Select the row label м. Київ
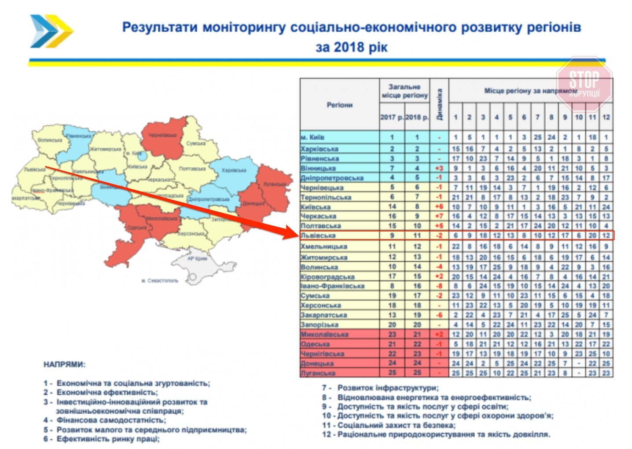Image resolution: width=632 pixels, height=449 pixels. pos(312,137)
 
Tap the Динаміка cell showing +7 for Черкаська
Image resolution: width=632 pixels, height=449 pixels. pos(439,216)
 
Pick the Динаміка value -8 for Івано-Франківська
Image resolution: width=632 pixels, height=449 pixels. pos(439,286)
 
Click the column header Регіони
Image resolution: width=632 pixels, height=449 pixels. pos(339,105)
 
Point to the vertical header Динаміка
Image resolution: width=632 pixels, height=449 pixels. pos(439,104)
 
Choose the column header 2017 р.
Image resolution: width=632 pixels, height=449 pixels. pos(391,117)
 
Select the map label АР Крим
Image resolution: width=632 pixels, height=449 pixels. pos(197,258)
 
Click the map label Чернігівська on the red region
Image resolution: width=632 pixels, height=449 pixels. pos(162,135)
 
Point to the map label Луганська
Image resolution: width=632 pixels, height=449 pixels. pos(275,184)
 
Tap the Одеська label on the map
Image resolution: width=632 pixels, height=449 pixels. pos(136,228)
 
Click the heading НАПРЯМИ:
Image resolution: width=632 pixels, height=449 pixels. pos(64,364)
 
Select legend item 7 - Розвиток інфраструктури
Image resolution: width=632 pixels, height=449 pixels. pos(380,388)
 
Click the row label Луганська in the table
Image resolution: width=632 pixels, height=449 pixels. pos(318,373)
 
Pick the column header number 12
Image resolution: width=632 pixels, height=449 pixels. pos(606,117)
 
